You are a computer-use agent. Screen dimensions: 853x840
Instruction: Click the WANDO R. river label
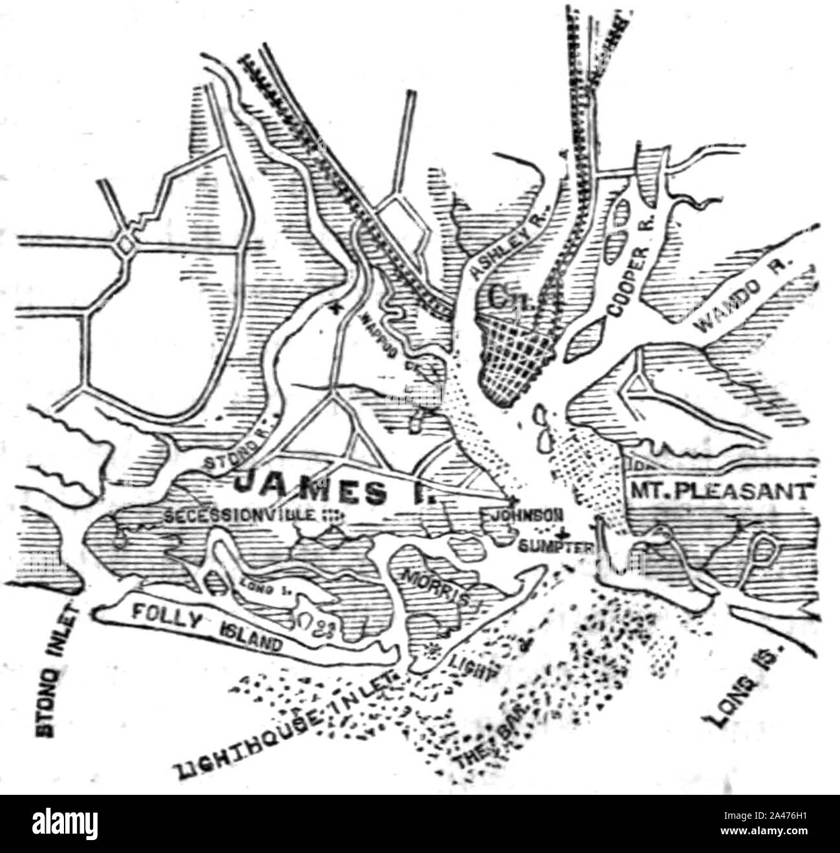pos(748,292)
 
